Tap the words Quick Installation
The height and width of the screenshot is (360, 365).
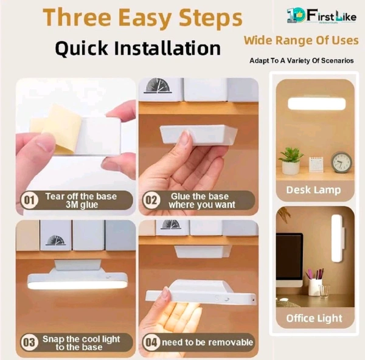[x=137, y=48]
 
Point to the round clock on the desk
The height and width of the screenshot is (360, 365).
[x=342, y=162]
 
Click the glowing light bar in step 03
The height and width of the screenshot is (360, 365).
[x=77, y=283]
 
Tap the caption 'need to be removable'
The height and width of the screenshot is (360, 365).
[x=207, y=342]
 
